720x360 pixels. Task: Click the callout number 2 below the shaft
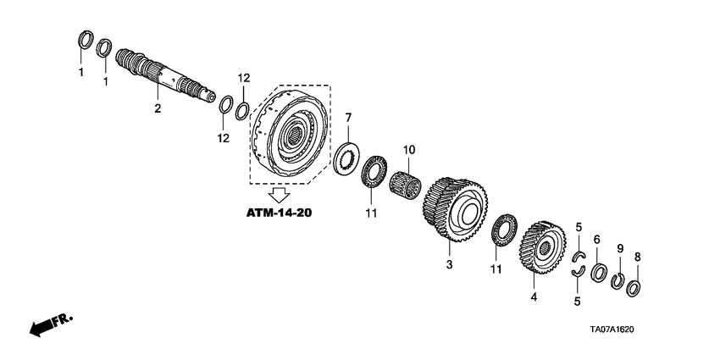[157, 108]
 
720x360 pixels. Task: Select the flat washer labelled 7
[346, 158]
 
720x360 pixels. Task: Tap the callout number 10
[408, 150]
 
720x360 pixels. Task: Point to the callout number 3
[449, 265]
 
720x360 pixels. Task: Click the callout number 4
[533, 297]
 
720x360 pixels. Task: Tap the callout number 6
[596, 241]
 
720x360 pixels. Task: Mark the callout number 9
[619, 248]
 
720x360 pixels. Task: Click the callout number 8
[638, 256]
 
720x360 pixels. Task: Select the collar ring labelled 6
[596, 274]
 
